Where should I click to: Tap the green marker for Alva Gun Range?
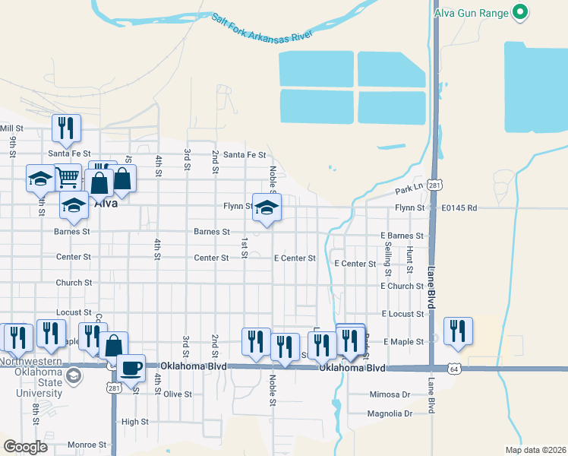tap(520, 11)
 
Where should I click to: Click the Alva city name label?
tap(106, 204)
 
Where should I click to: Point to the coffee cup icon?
tap(133, 367)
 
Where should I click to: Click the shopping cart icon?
tap(68, 177)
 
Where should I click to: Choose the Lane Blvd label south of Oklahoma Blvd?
tap(432, 395)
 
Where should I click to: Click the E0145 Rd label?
tap(460, 207)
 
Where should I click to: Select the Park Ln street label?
tap(408, 189)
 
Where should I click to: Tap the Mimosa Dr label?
tap(389, 394)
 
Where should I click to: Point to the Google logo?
tap(26, 446)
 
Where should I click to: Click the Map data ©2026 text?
tap(535, 449)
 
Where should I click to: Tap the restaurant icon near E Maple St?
tap(458, 331)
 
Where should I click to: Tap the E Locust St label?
tap(402, 314)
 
